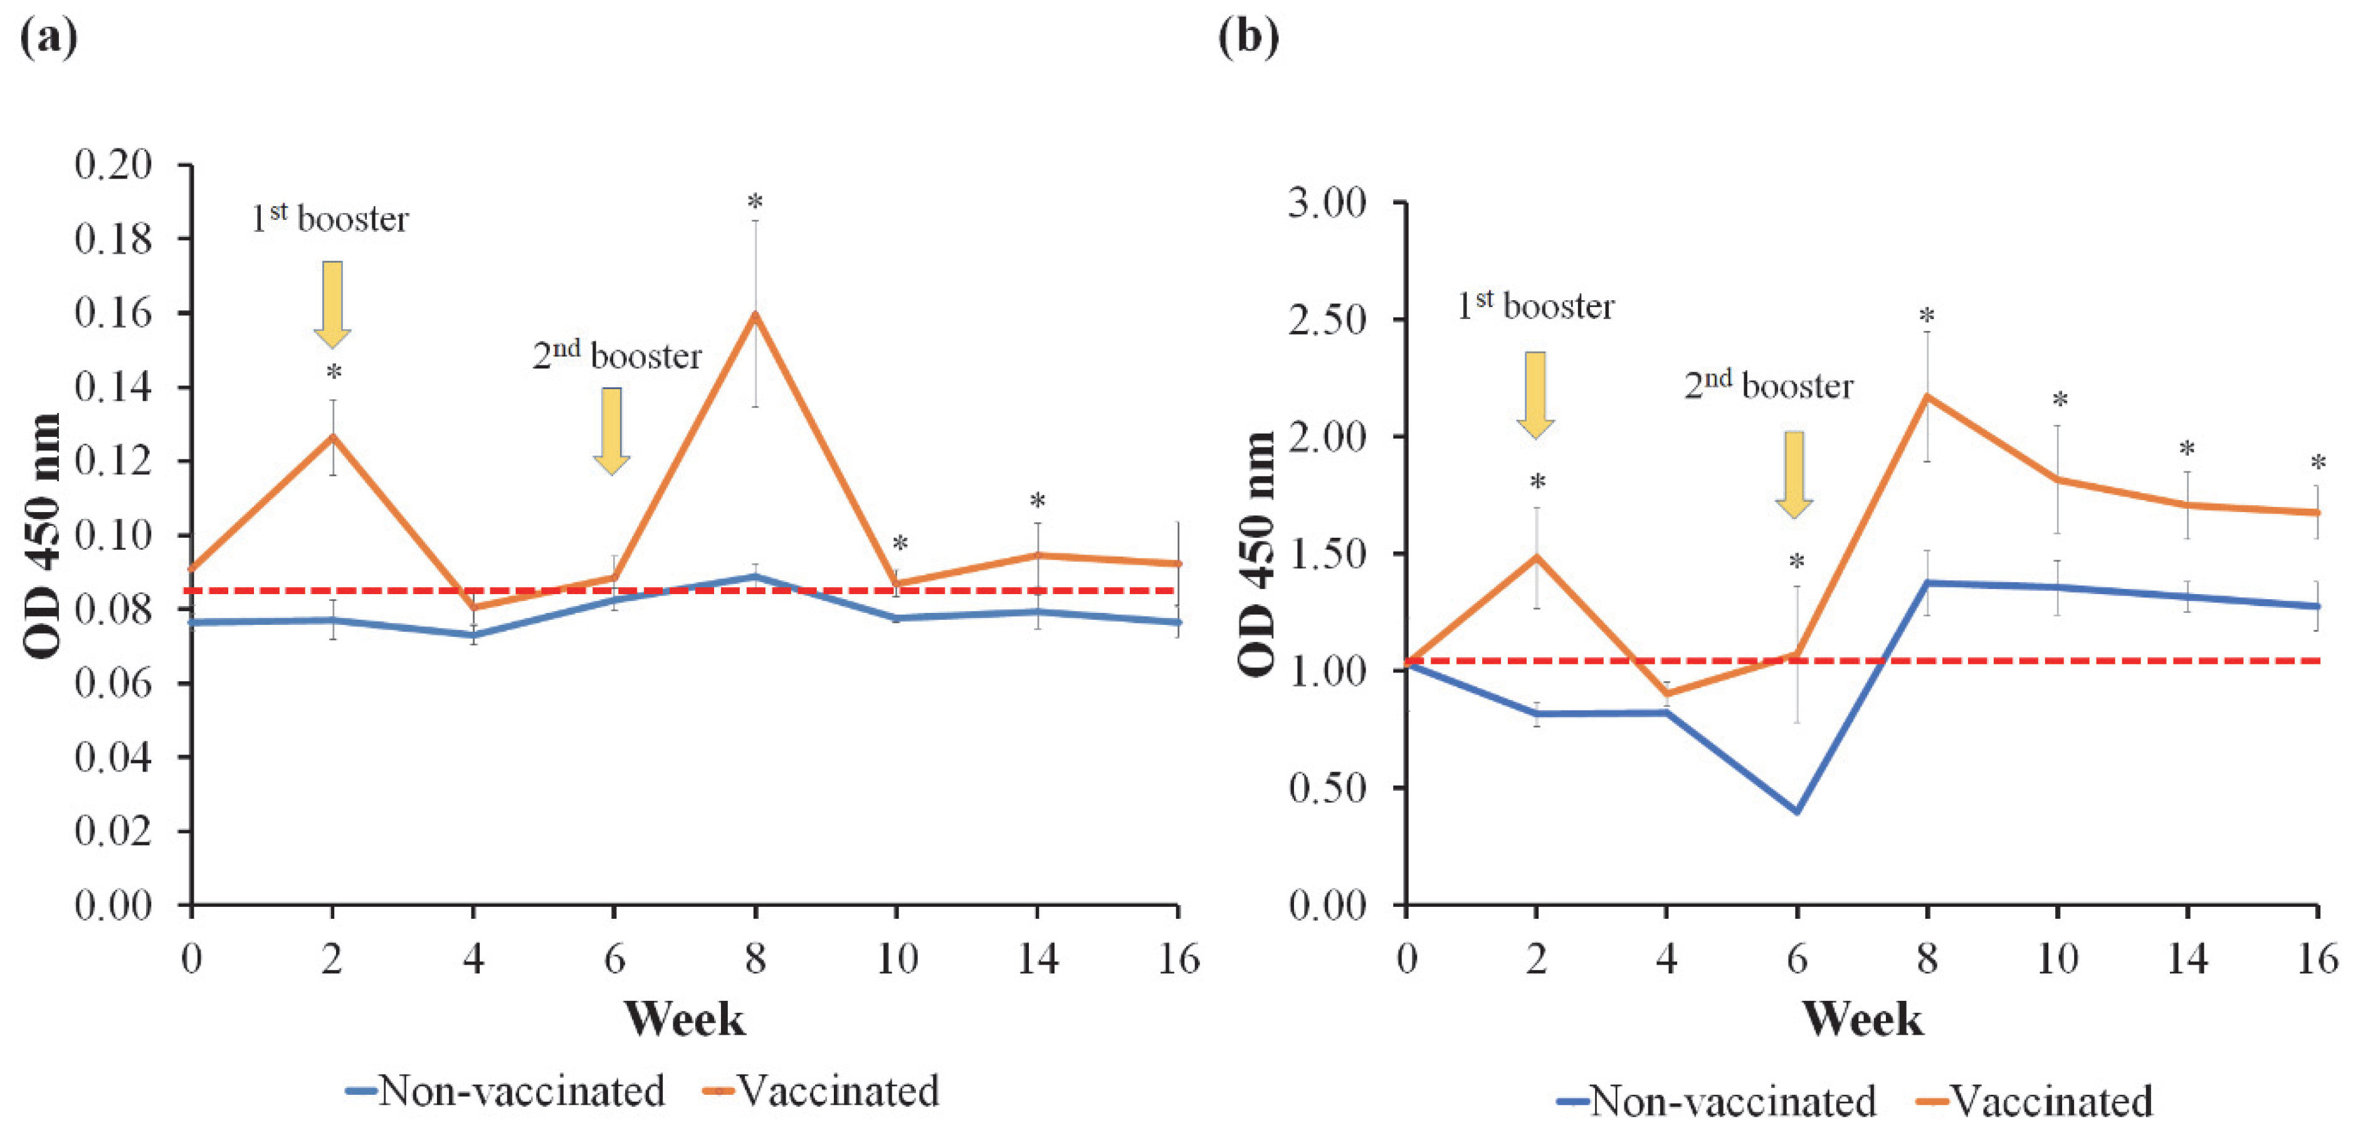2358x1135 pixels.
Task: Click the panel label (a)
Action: [48, 38]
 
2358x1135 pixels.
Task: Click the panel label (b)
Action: [1248, 38]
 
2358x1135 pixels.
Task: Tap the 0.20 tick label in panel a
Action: [113, 165]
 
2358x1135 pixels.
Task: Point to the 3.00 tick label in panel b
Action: [1327, 202]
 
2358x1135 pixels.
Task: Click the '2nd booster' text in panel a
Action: [617, 355]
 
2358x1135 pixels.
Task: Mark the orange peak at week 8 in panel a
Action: [755, 314]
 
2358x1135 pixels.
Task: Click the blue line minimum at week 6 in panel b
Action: [1797, 811]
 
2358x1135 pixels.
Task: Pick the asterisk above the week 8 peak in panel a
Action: [755, 201]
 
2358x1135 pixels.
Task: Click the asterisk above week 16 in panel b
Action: [2317, 463]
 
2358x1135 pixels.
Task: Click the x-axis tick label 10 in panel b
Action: [2057, 960]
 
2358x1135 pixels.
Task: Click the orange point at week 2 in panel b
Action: [1536, 556]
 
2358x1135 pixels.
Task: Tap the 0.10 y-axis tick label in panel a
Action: [113, 535]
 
